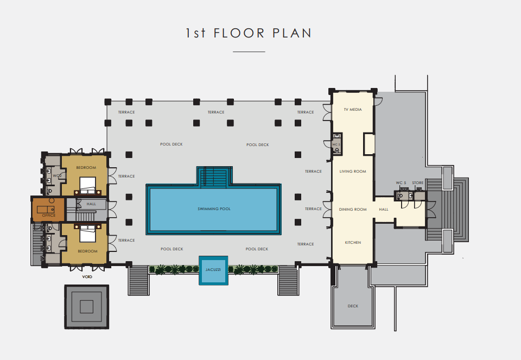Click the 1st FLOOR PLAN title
click(249, 33)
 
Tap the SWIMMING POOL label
click(214, 209)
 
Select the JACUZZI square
click(213, 270)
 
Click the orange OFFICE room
click(48, 210)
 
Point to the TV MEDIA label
click(353, 109)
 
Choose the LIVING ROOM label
click(353, 171)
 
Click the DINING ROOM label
click(353, 210)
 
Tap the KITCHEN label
click(353, 242)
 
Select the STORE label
click(418, 183)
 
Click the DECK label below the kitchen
click(353, 306)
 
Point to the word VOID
click(87, 276)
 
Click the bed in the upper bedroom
click(88, 185)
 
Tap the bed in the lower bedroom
click(88, 233)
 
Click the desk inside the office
click(46, 210)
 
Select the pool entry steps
click(214, 176)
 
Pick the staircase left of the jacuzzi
click(138, 280)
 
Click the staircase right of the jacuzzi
click(288, 280)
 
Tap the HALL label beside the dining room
click(384, 210)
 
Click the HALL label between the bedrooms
click(91, 204)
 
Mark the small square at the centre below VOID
click(86, 306)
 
